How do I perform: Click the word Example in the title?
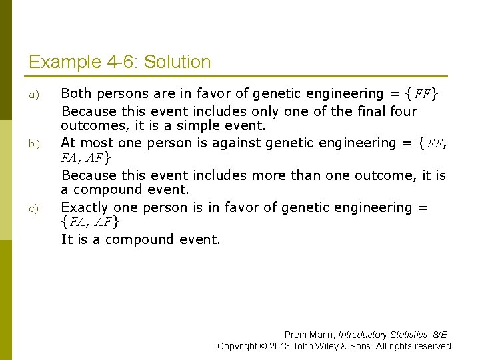point(65,63)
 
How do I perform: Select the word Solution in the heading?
point(177,63)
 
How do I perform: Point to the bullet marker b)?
point(33,144)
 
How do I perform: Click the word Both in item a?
point(76,94)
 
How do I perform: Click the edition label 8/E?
point(440,335)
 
